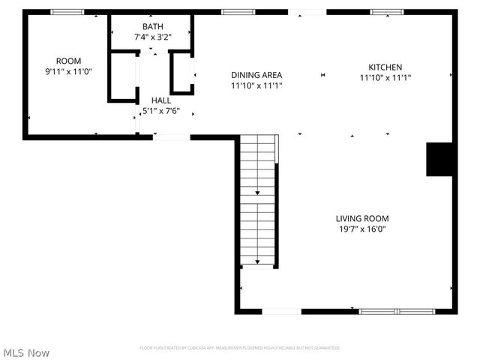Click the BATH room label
click(153, 26)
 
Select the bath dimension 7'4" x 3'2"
click(153, 36)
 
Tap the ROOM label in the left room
click(68, 61)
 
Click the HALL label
click(161, 100)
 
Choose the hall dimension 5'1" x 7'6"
click(161, 110)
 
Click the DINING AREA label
click(256, 75)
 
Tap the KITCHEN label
click(385, 67)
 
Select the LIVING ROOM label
click(362, 218)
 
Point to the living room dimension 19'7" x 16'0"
click(362, 229)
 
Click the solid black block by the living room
click(441, 159)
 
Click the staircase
click(258, 200)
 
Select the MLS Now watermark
click(26, 352)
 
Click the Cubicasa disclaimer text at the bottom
click(239, 348)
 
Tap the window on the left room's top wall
click(67, 12)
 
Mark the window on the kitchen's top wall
click(387, 12)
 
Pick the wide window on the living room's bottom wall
click(397, 311)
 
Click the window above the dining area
click(238, 12)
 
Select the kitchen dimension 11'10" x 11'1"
click(385, 77)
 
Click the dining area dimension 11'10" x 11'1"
click(256, 85)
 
